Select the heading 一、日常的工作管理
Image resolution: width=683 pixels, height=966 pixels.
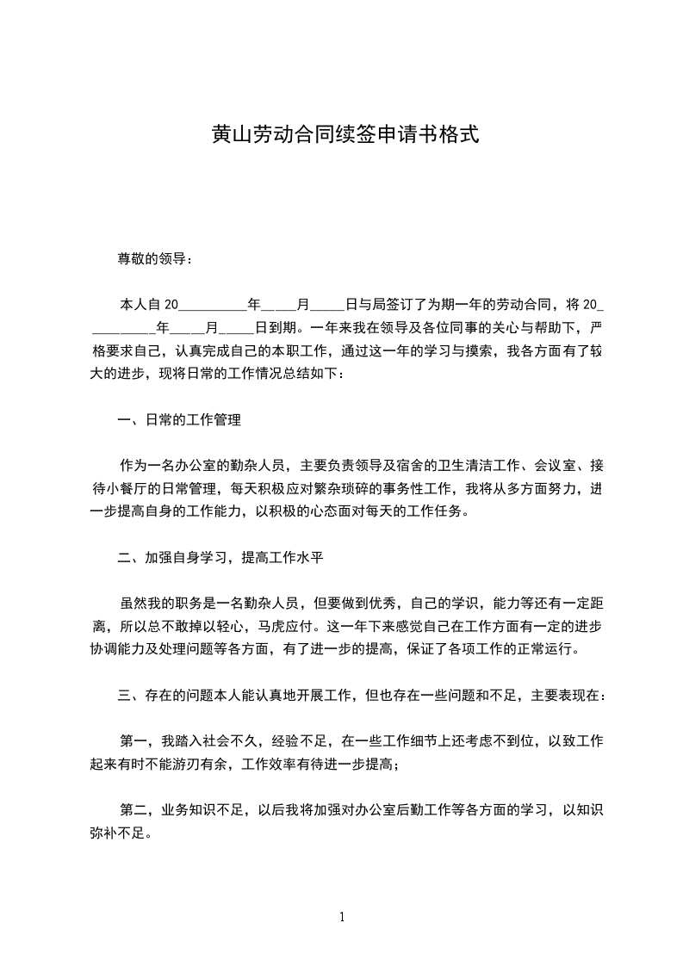click(178, 420)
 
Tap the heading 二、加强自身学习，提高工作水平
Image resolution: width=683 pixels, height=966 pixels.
click(220, 557)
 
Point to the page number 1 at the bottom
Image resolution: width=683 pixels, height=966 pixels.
click(342, 917)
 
